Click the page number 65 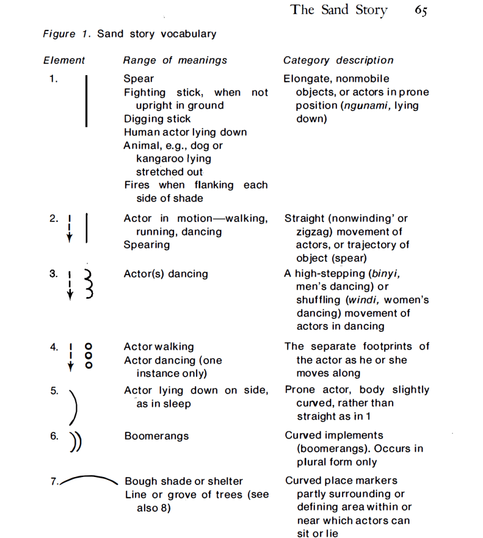(420, 11)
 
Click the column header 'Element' (64, 60)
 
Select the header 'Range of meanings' (175, 60)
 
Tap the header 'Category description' (338, 60)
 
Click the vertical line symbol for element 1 (86, 101)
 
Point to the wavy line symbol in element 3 (89, 285)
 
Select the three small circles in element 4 (89, 356)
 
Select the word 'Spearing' (147, 245)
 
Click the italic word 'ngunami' (363, 106)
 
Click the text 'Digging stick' (157, 119)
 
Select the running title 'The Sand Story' (339, 10)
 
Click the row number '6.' (55, 436)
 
